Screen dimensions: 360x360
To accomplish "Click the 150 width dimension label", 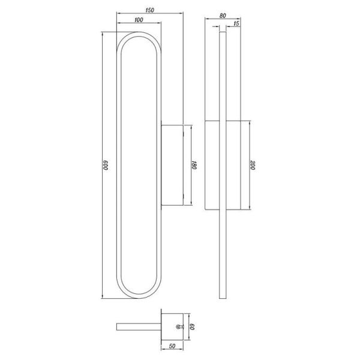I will click(149, 10).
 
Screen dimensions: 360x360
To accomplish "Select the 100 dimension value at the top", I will click(139, 20).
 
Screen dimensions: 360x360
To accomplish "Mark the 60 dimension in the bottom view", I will click(194, 328).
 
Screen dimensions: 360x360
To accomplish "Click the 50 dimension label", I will click(171, 347).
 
